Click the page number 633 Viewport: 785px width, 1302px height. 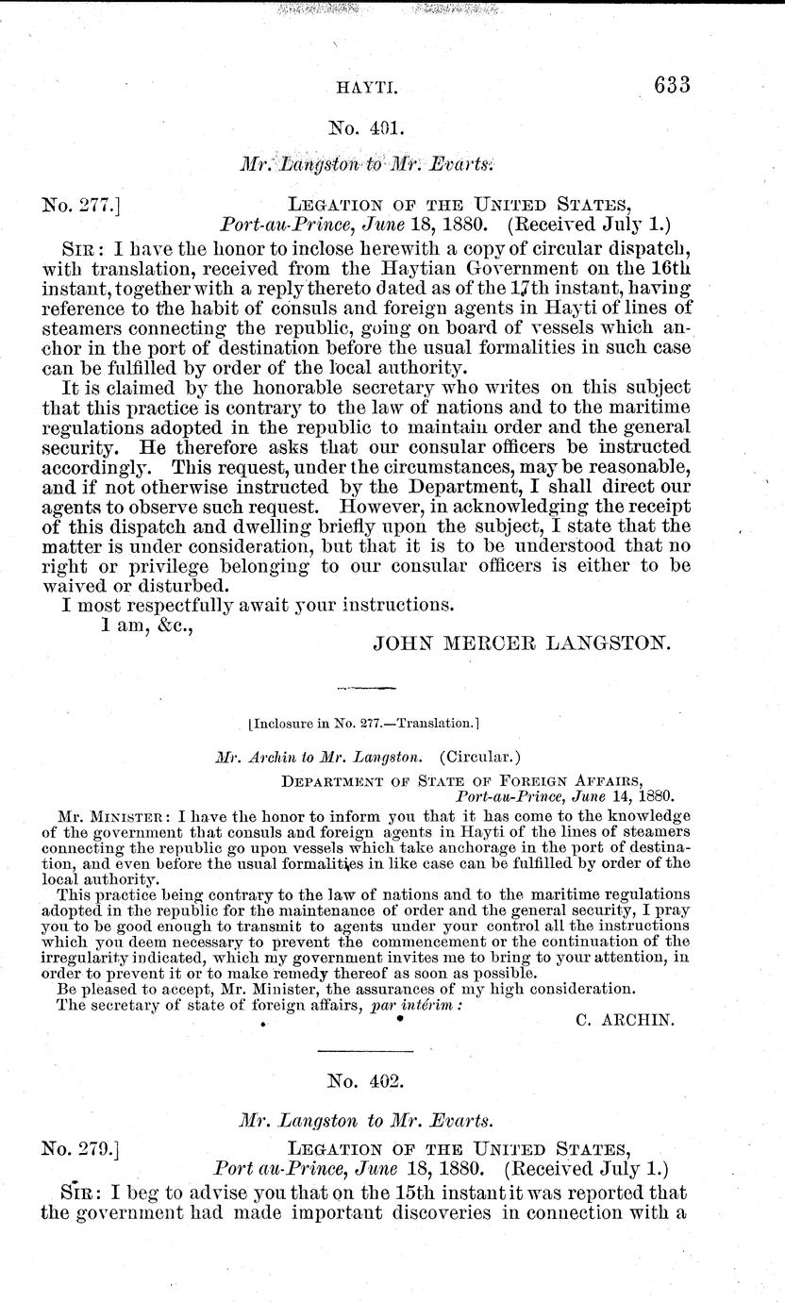(672, 85)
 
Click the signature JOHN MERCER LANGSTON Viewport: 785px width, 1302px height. (522, 644)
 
